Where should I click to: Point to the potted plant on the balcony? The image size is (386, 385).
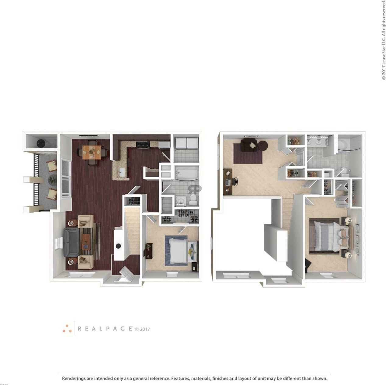(52, 180)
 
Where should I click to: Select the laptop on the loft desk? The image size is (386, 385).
(228, 182)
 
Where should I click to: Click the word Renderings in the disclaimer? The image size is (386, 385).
(74, 379)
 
